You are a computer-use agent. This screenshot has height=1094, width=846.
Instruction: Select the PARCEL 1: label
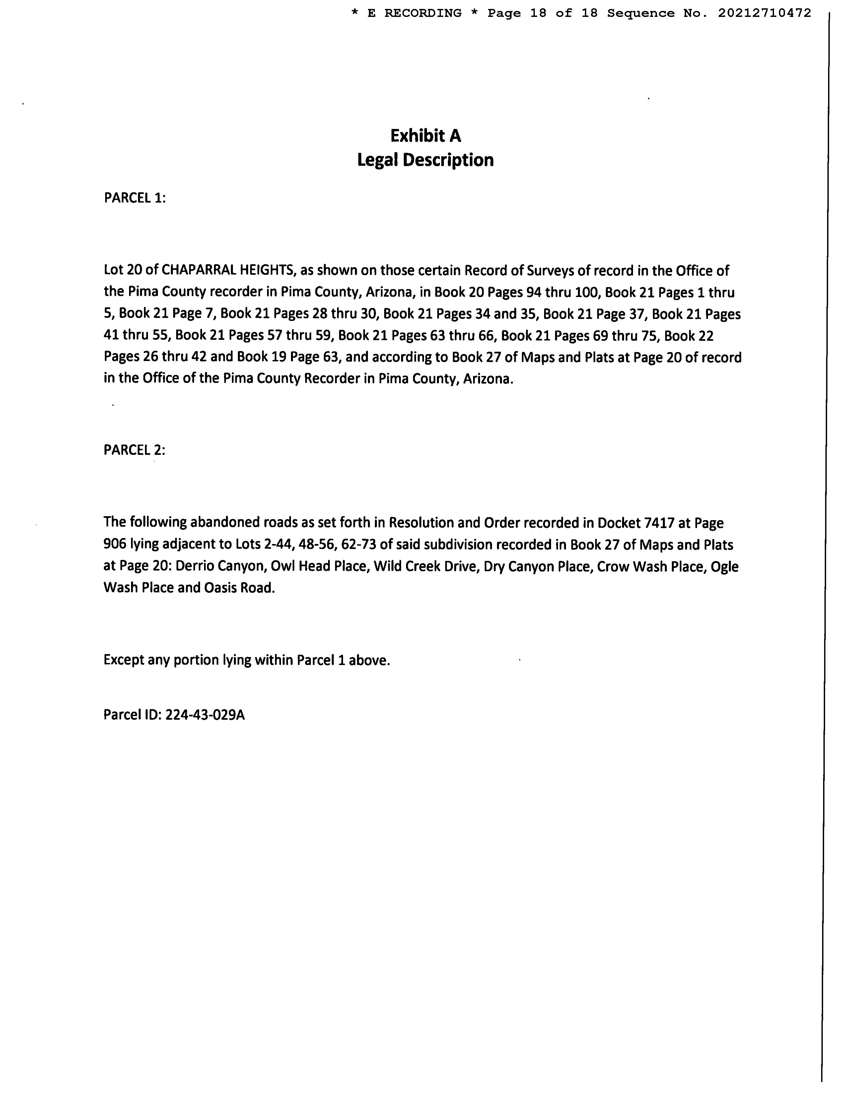tap(134, 198)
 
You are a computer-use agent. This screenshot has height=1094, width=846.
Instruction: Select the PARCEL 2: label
tap(134, 450)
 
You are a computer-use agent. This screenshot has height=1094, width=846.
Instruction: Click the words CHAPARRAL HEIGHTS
tap(228, 271)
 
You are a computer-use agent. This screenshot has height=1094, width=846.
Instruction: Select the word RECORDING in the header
tap(423, 14)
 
